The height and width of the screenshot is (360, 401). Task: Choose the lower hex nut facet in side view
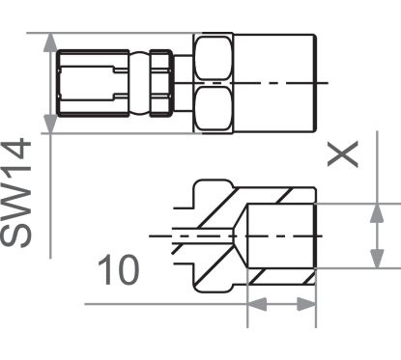pyautogui.click(x=214, y=108)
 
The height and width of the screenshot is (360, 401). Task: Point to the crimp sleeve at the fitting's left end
pyautogui.click(x=89, y=82)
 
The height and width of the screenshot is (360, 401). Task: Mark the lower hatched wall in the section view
pyautogui.click(x=280, y=277)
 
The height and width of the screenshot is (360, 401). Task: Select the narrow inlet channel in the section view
pyautogui.click(x=193, y=235)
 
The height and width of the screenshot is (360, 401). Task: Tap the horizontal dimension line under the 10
pyautogui.click(x=193, y=304)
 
